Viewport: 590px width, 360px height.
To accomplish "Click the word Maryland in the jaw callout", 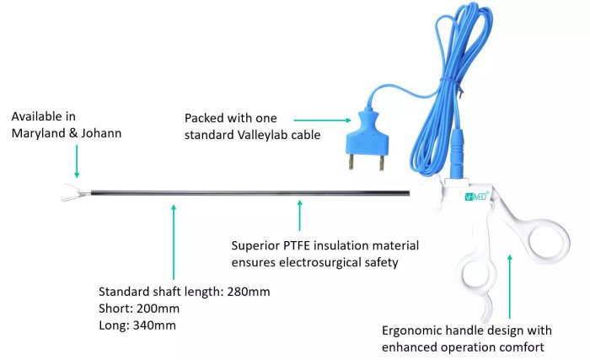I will (39, 132).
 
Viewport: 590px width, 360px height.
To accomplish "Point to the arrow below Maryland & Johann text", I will (77, 159).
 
